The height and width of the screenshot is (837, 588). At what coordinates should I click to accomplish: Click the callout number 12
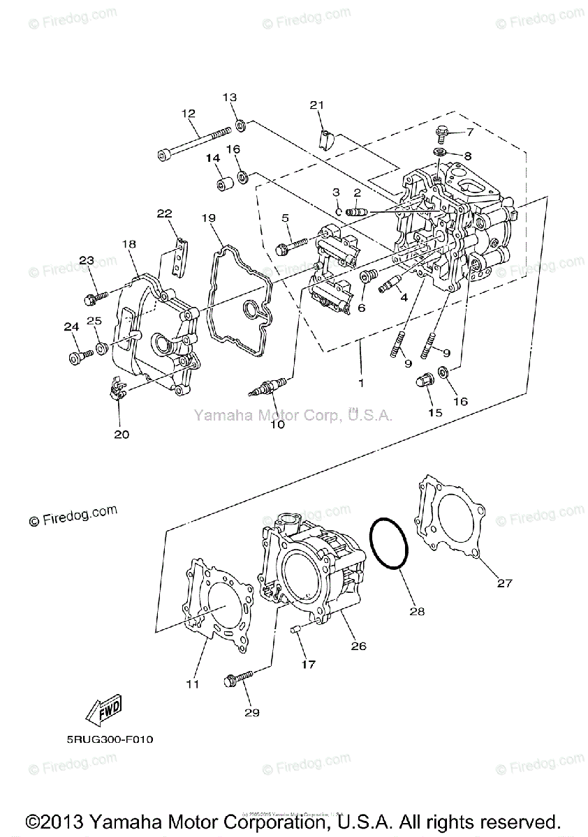point(189,113)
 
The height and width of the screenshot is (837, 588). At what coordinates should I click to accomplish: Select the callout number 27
point(505,583)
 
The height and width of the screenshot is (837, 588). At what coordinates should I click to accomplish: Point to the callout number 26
point(358,646)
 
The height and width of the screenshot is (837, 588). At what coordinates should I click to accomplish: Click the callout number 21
point(318,105)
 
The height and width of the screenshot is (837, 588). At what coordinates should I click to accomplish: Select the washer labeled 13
point(240,125)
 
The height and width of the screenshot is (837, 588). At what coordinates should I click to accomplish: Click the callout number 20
point(121,434)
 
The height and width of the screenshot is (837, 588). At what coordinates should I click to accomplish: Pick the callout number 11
point(193,684)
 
